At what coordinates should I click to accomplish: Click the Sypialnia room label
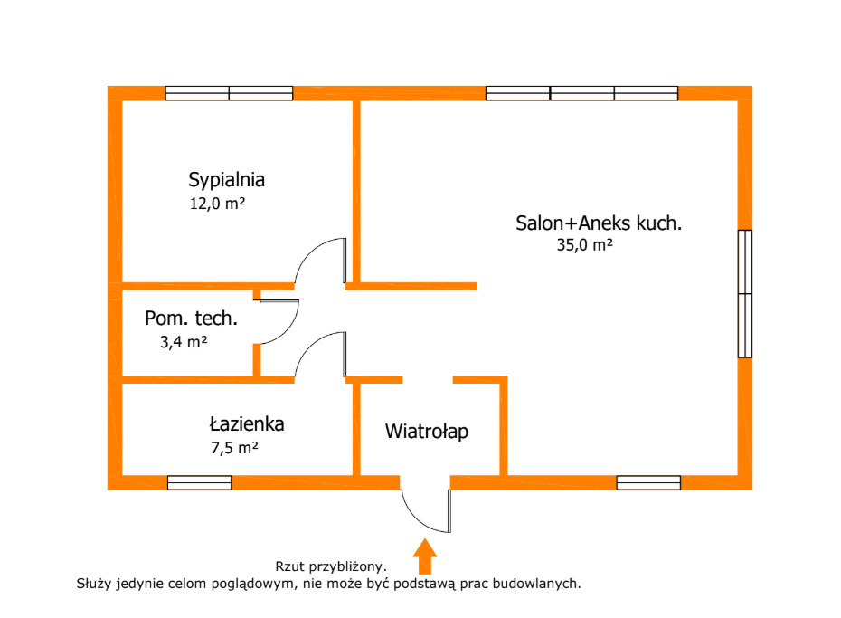pyautogui.click(x=226, y=180)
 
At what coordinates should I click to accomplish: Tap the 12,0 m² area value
pyautogui.click(x=217, y=204)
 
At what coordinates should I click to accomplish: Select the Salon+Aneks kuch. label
pyautogui.click(x=599, y=223)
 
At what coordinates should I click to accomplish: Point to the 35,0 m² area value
pyautogui.click(x=584, y=245)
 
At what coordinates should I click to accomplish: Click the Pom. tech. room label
pyautogui.click(x=191, y=319)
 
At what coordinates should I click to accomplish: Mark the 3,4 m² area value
pyautogui.click(x=184, y=342)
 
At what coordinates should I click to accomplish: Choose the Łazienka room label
pyautogui.click(x=247, y=423)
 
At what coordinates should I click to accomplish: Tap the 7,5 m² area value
pyautogui.click(x=234, y=447)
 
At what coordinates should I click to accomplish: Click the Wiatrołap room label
pyautogui.click(x=427, y=432)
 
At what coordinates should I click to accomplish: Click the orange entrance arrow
pyautogui.click(x=425, y=556)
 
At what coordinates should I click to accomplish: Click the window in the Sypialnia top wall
pyautogui.click(x=229, y=93)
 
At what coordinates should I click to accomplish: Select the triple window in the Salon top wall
pyautogui.click(x=582, y=93)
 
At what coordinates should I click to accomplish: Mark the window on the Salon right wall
pyautogui.click(x=745, y=293)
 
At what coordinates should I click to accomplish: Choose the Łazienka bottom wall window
pyautogui.click(x=200, y=483)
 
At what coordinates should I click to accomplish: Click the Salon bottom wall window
pyautogui.click(x=648, y=483)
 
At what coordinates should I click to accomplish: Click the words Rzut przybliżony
pyautogui.click(x=331, y=566)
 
